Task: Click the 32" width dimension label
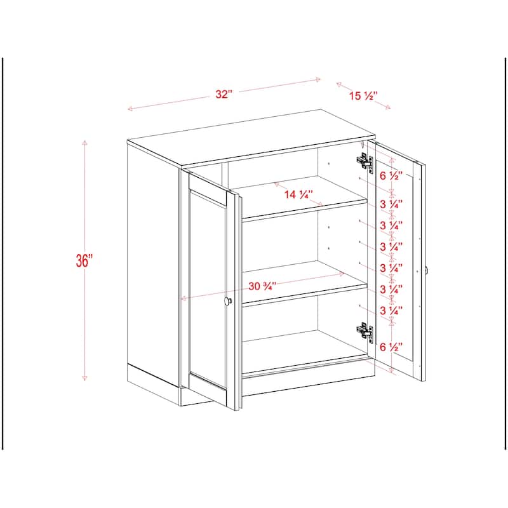click(224, 94)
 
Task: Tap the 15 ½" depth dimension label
click(363, 97)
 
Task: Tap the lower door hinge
click(364, 331)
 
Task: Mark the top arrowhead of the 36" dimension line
click(84, 142)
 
